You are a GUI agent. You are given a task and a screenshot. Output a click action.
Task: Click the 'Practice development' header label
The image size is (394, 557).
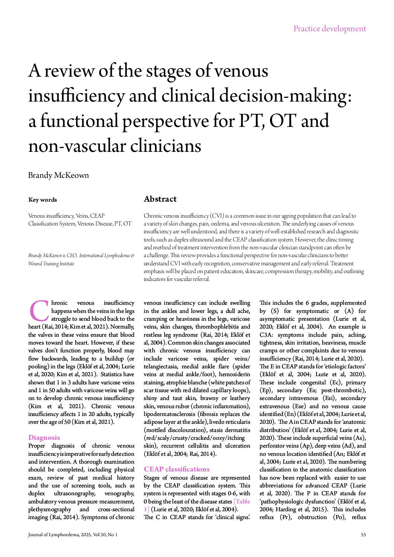coord(329,29)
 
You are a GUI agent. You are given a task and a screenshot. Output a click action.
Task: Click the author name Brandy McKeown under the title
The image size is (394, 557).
coord(58,175)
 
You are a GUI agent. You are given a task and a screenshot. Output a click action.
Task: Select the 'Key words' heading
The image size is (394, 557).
coord(42,200)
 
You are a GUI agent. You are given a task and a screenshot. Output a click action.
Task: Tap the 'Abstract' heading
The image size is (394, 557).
coord(160,199)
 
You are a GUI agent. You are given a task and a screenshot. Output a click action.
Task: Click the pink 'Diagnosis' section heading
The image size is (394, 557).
coord(44,438)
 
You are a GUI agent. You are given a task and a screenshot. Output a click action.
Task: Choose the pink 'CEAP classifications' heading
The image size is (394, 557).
coord(177,469)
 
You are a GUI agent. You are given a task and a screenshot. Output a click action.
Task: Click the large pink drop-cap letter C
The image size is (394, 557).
coord(38,311)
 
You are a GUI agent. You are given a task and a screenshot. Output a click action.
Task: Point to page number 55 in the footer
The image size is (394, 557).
coord(363,535)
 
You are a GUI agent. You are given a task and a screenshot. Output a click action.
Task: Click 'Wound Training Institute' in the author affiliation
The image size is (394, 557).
coord(51,264)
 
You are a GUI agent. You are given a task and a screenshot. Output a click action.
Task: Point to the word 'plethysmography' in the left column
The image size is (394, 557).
coord(50,509)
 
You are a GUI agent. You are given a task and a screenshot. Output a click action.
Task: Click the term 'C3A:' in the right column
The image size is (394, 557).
coord(268,334)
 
